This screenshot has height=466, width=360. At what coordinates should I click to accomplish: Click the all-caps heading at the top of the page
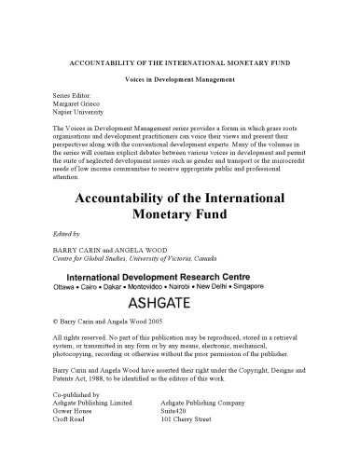[179, 62]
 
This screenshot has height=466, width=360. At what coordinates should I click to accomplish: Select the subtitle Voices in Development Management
[179, 82]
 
